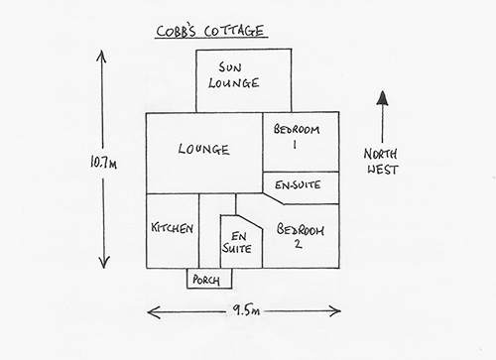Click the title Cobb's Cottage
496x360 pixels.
[x=210, y=31]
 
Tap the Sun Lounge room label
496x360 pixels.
[x=233, y=75]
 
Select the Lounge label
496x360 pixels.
[x=203, y=149]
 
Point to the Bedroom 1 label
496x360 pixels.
[x=297, y=136]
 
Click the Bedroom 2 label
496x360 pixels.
[x=300, y=235]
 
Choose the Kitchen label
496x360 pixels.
[x=172, y=228]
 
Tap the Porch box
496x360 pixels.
[x=209, y=279]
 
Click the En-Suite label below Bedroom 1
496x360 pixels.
[x=298, y=184]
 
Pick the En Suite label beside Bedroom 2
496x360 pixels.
[x=237, y=243]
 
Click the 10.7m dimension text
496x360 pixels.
[x=103, y=163]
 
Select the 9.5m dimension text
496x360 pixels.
[x=246, y=310]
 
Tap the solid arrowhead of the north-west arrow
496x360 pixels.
[x=383, y=98]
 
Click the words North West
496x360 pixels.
[x=381, y=162]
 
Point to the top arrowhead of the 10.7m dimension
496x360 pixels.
[x=101, y=56]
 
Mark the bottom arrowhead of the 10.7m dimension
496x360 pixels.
[x=104, y=262]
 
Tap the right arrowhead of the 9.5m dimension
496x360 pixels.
[x=334, y=310]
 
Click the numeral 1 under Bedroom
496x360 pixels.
[x=295, y=145]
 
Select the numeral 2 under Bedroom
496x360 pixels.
[x=299, y=244]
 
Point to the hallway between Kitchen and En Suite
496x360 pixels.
[x=209, y=230]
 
